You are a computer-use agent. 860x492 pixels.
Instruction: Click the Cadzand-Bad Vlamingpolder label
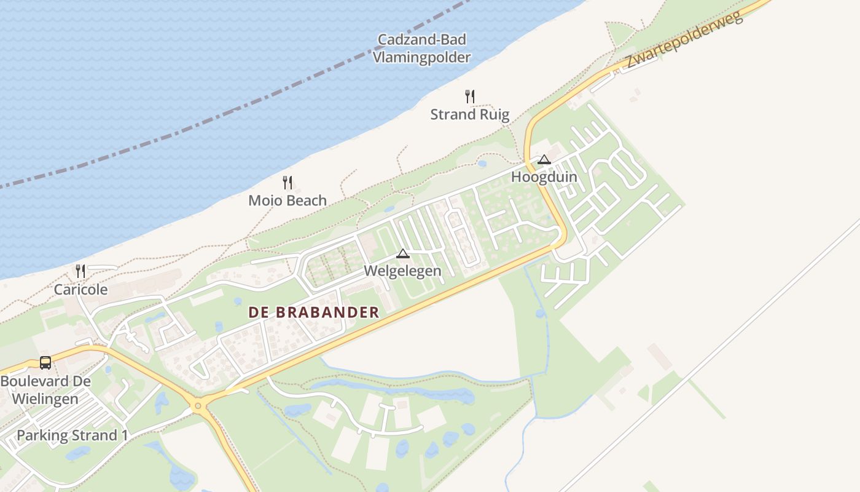click(421, 49)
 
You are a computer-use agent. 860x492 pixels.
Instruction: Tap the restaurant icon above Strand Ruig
click(470, 97)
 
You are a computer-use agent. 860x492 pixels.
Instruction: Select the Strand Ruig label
click(470, 114)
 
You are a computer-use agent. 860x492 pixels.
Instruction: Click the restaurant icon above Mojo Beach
click(287, 182)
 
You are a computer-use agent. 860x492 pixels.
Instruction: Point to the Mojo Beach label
click(287, 200)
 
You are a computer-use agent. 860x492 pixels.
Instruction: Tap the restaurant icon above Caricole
click(80, 271)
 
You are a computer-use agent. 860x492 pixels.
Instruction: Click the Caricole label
click(80, 290)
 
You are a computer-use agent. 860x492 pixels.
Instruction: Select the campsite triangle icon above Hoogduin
click(544, 160)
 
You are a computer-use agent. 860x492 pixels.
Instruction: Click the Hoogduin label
click(544, 177)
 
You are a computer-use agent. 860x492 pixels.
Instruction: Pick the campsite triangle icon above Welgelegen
click(402, 253)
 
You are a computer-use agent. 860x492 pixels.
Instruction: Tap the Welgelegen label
click(402, 271)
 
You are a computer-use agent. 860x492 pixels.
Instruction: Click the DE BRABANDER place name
click(314, 312)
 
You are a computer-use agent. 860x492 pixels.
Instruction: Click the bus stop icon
click(45, 363)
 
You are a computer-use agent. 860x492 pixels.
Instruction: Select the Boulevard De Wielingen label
click(45, 390)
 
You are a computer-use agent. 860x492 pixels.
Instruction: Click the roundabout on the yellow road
click(197, 406)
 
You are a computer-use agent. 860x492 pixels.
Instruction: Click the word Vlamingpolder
click(421, 58)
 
